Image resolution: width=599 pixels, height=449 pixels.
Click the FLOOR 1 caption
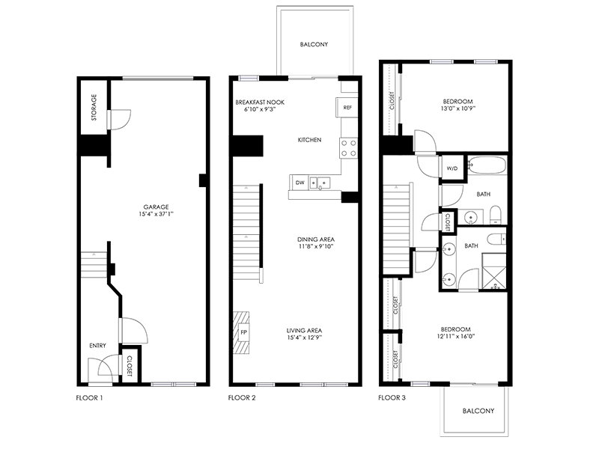pos(89,398)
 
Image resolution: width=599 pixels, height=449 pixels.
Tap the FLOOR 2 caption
pos(242,398)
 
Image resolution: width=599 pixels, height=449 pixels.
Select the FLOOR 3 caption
pos(392,398)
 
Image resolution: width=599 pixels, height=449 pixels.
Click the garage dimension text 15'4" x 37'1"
pos(156,214)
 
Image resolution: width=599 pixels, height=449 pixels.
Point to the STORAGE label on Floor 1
pos(94,108)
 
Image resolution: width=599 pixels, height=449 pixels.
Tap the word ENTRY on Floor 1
pos(98,346)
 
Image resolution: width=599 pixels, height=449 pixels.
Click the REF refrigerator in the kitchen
pos(347,107)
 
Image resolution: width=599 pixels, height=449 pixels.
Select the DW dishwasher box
pos(300,183)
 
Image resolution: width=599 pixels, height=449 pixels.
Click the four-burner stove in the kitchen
pos(348,148)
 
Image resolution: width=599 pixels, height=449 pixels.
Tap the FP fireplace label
pos(244,332)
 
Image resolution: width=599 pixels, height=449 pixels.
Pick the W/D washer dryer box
pos(452,168)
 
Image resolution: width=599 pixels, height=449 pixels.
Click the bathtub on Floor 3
pos(487,165)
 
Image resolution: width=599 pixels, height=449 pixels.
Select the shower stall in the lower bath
pos(494,272)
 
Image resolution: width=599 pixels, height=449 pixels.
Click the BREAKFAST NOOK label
pos(260,103)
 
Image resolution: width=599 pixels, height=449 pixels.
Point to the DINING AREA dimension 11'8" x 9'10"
pos(316,246)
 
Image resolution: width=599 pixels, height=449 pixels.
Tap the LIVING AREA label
pos(305,330)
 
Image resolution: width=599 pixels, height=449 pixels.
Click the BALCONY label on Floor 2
pos(314,44)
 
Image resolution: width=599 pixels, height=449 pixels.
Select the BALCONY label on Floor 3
pos(478,411)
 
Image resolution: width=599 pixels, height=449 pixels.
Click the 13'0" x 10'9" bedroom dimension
pos(458,109)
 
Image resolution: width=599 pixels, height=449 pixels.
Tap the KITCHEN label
pos(309,140)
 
